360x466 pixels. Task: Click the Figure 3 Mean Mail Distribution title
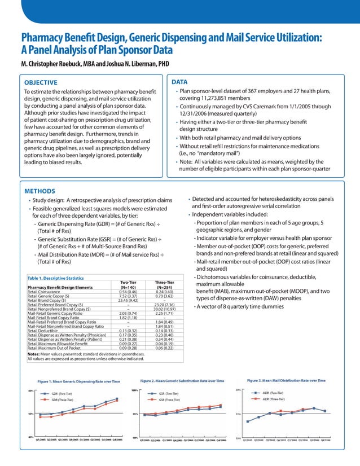pyautogui.click(x=286, y=380)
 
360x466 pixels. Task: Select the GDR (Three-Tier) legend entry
pyautogui.click(x=62, y=399)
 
